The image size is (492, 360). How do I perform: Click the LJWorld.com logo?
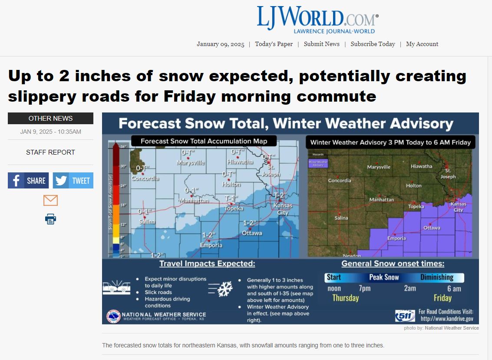pyautogui.click(x=317, y=19)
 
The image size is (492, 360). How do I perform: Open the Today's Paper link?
pyautogui.click(x=274, y=44)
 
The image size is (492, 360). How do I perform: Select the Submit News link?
pyautogui.click(x=321, y=44)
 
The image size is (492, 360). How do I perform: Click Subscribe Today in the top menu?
pyautogui.click(x=373, y=44)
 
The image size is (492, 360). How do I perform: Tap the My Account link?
pyautogui.click(x=422, y=44)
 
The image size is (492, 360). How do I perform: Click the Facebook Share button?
pyautogui.click(x=28, y=181)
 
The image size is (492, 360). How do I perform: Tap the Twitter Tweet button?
pyautogui.click(x=73, y=181)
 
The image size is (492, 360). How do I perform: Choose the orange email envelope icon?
pyautogui.click(x=50, y=200)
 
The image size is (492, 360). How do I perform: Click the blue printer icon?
pyautogui.click(x=50, y=219)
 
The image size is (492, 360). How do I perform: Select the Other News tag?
pyautogui.click(x=50, y=119)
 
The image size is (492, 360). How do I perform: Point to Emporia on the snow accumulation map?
pyautogui.click(x=211, y=245)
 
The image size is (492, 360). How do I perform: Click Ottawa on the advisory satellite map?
pyautogui.click(x=432, y=228)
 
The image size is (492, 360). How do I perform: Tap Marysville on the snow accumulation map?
pyautogui.click(x=191, y=163)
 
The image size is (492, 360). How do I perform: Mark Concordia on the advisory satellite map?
pyautogui.click(x=339, y=180)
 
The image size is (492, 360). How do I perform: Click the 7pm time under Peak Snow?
pyautogui.click(x=365, y=288)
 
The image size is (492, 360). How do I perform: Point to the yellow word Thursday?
pyautogui.click(x=345, y=298)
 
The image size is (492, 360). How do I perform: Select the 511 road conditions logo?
pyautogui.click(x=405, y=316)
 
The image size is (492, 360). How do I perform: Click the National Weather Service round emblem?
pyautogui.click(x=114, y=317)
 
